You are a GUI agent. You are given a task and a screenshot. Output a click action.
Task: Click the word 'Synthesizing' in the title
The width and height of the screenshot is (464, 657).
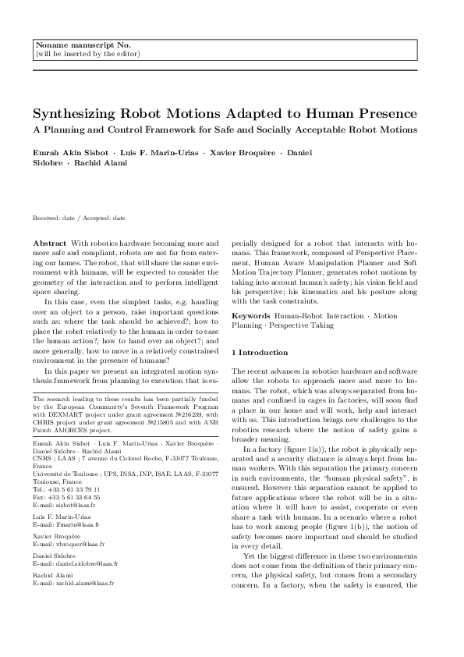(x=76, y=112)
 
